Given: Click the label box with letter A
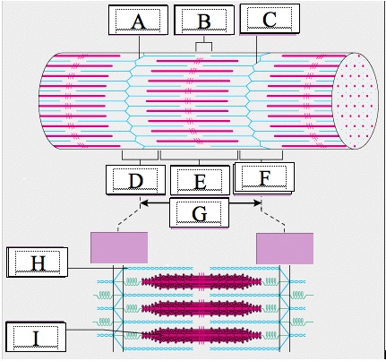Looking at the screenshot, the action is pyautogui.click(x=138, y=20).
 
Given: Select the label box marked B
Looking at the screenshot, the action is pyautogui.click(x=204, y=20).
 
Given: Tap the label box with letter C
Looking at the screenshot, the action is pyautogui.click(x=270, y=19).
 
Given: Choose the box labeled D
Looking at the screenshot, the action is pyautogui.click(x=135, y=180).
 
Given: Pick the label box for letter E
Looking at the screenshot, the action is pyautogui.click(x=200, y=180).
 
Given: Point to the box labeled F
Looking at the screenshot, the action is pyautogui.click(x=263, y=178).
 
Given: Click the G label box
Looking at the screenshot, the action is pyautogui.click(x=199, y=213).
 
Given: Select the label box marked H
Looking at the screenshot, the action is pyautogui.click(x=38, y=262).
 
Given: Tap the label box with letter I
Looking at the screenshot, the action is pyautogui.click(x=36, y=337).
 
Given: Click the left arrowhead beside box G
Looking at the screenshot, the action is pyautogui.click(x=143, y=203).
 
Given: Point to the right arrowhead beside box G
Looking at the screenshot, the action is pyautogui.click(x=258, y=203).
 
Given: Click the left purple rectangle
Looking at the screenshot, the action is pyautogui.click(x=119, y=248).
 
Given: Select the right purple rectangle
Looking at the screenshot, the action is pyautogui.click(x=285, y=248).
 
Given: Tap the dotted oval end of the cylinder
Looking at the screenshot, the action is pyautogui.click(x=356, y=100).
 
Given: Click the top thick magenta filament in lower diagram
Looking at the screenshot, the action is pyautogui.click(x=202, y=282).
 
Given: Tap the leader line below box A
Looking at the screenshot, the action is pyautogui.click(x=140, y=47).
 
